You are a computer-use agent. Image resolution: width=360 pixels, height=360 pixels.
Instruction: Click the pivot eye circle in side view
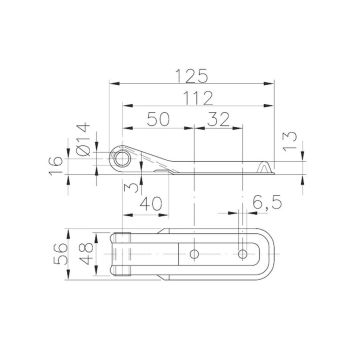pos(121,159)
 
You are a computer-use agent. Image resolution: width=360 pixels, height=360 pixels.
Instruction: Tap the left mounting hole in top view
pos(196,255)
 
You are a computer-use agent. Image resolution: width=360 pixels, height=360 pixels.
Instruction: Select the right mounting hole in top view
pos(243,255)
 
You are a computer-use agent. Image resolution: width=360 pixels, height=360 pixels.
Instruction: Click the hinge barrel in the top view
pos(121,255)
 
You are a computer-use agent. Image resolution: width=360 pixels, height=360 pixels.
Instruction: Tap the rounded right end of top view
pos(272,255)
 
